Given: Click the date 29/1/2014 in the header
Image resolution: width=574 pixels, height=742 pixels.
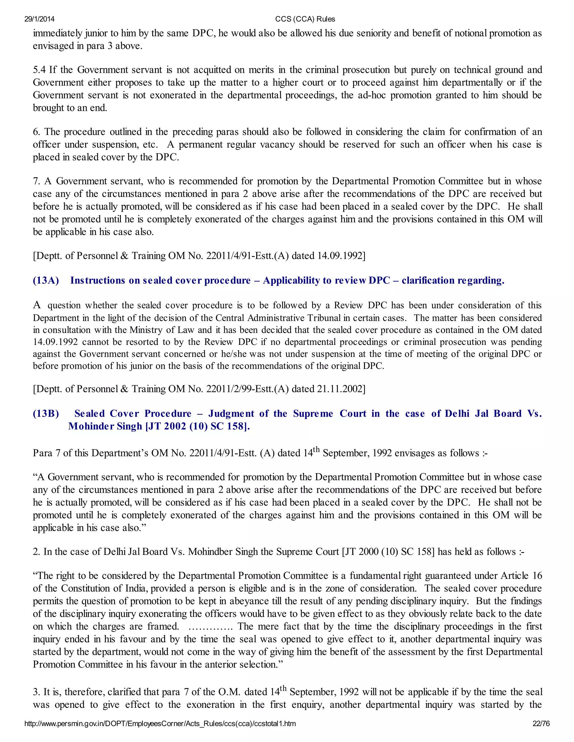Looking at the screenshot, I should coord(40,19).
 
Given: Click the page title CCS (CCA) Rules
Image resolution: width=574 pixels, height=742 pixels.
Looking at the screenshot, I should coord(305,19).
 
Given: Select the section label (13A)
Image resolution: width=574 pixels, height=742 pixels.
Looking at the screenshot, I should coord(46,281).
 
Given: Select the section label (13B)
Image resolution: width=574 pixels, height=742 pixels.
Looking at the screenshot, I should coord(46,414).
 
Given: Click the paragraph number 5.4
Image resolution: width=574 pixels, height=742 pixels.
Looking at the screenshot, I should coord(40,70).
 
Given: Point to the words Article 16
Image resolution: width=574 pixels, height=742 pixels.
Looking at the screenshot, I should coord(521,576).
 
